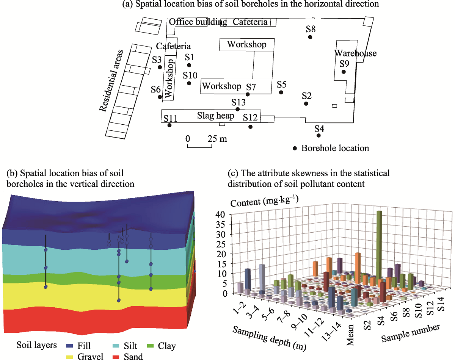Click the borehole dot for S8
[x=310, y=37]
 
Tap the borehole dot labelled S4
[x=318, y=135]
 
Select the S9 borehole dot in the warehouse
[x=344, y=72]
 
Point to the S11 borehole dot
[x=169, y=125]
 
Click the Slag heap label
[x=216, y=116]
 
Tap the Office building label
[x=198, y=22]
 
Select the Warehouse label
[x=355, y=53]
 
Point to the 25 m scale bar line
[x=199, y=147]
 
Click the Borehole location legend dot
[x=295, y=149]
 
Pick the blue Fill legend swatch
[x=69, y=346]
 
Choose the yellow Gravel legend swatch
[x=69, y=357]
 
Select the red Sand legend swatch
[x=116, y=357]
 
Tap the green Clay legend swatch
[x=150, y=346]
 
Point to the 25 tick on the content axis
[x=221, y=244]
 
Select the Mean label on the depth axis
[x=350, y=335]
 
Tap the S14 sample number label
[x=441, y=304]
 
